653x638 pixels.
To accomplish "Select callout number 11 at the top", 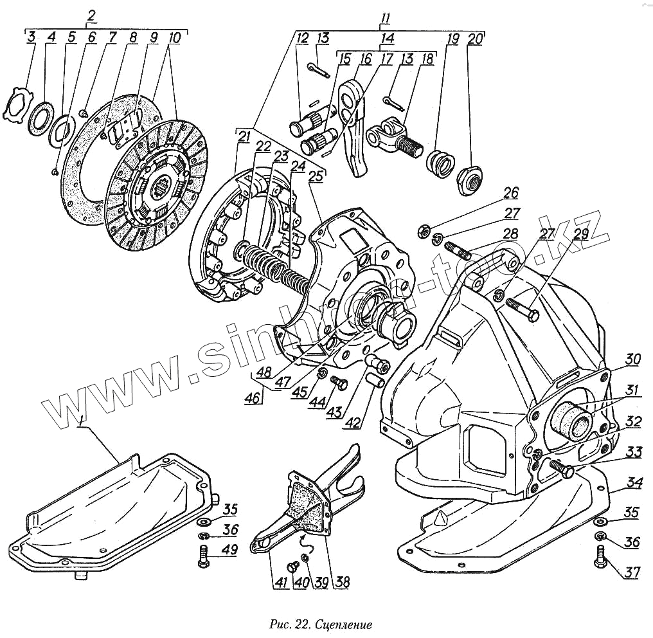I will tap(385, 18).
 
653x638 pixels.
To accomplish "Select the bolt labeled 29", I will tap(524, 309).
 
